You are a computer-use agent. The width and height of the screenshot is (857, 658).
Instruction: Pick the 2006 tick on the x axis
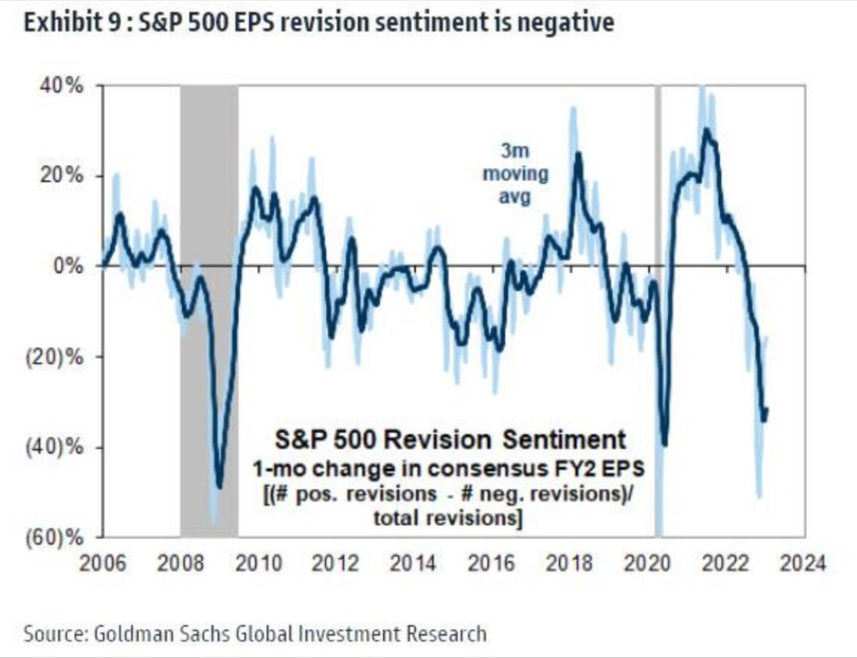coord(103,565)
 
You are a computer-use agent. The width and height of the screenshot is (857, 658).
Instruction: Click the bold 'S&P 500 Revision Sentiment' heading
coord(449,440)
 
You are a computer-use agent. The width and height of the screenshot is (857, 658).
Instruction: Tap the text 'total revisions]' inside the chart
coord(447,518)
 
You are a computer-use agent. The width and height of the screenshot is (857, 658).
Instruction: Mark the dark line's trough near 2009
coord(220,487)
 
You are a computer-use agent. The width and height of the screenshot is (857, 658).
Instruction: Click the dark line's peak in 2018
coord(579,154)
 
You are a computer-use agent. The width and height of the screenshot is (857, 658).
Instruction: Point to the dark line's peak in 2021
coord(707,130)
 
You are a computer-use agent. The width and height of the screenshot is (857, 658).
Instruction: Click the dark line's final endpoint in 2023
coord(767,409)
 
